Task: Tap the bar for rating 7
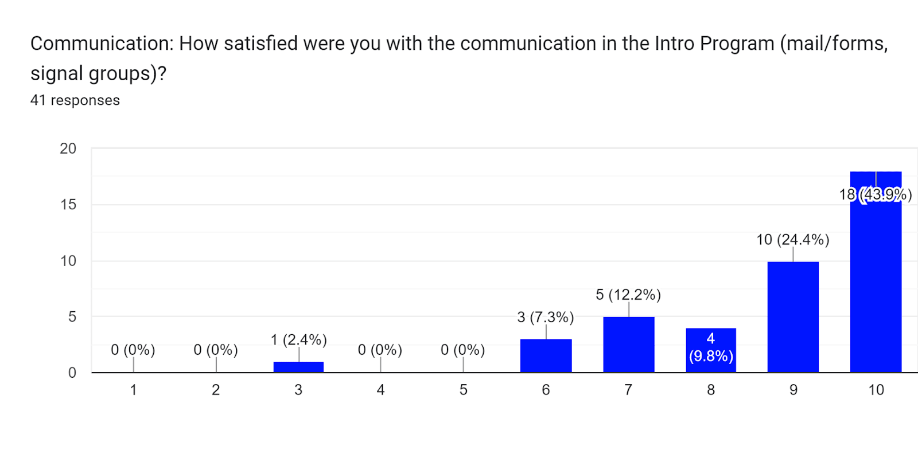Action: point(628,344)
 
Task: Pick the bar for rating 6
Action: point(546,356)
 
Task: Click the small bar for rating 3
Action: point(298,367)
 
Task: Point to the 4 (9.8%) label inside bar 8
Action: point(711,347)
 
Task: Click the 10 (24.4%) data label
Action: point(792,240)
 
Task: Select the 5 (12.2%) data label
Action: point(628,295)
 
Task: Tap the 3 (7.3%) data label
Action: point(545,317)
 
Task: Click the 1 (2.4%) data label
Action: point(298,340)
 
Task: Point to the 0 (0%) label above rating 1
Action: point(133,350)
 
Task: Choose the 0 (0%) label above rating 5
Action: point(462,350)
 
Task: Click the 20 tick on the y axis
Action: point(68,148)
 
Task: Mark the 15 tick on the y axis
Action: point(68,205)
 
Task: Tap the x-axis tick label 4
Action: point(380,390)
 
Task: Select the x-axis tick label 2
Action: point(216,390)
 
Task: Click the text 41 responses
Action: point(75,100)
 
